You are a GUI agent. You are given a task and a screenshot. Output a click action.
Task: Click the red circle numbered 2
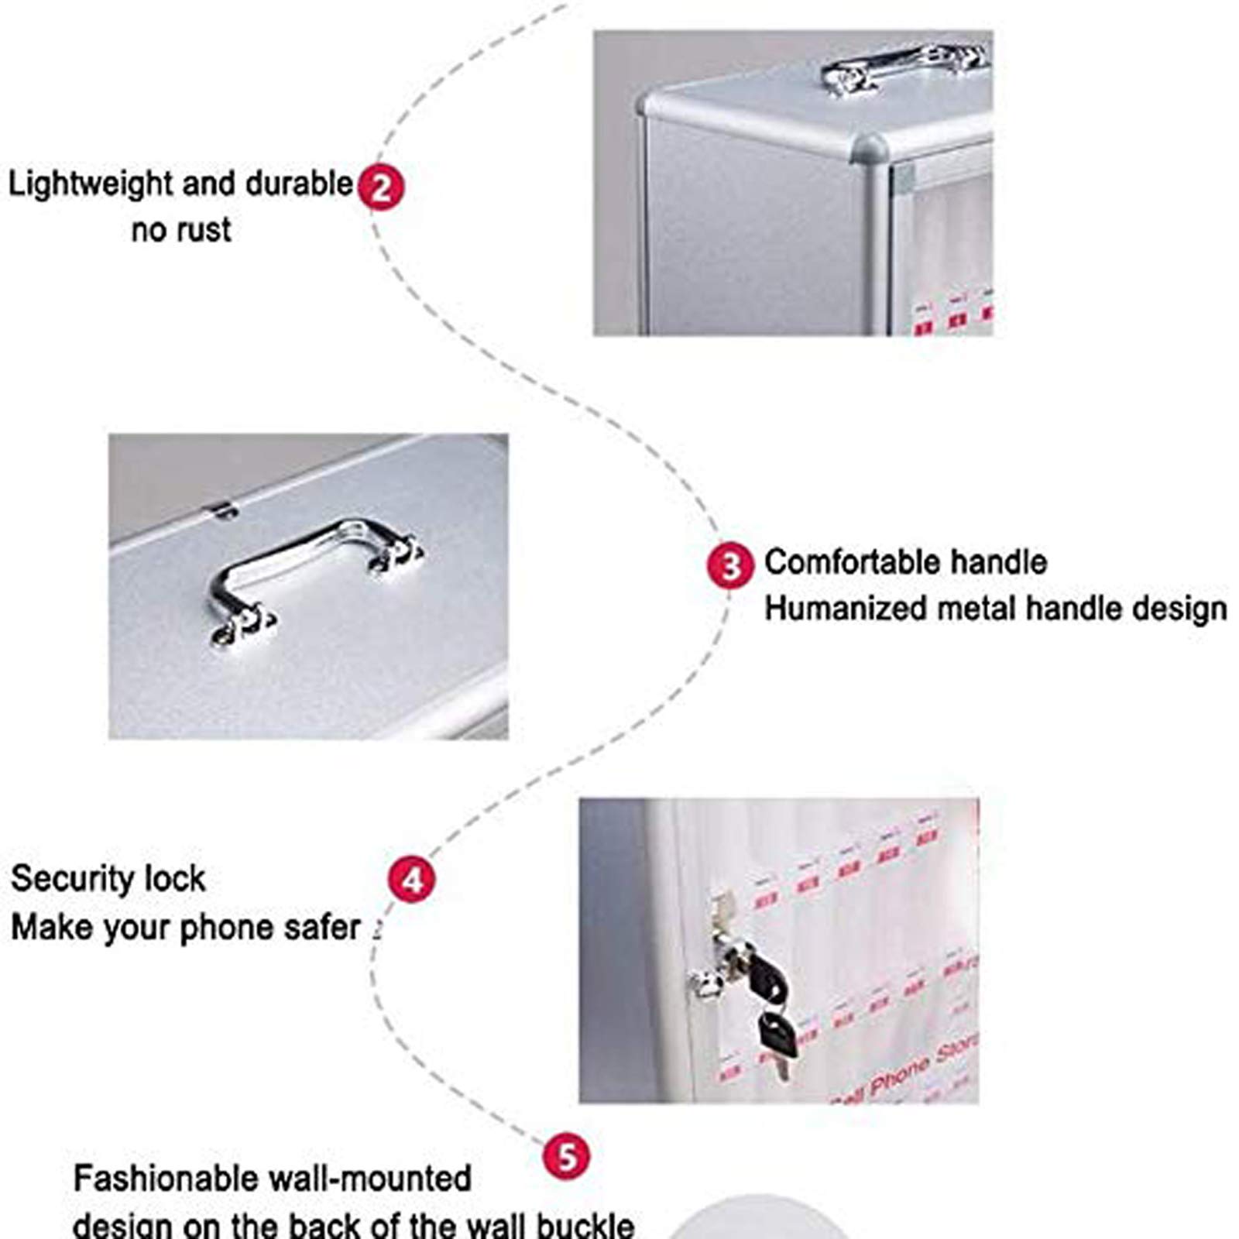[x=381, y=187]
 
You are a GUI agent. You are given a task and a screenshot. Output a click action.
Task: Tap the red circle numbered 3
[x=729, y=565]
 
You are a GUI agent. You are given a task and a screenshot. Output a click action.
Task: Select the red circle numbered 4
[x=412, y=880]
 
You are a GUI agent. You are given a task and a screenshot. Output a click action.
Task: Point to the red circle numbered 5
[x=567, y=1157]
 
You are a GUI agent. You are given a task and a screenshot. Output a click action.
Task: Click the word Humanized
[x=845, y=609]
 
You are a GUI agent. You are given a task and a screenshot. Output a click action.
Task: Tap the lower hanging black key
[x=777, y=1038]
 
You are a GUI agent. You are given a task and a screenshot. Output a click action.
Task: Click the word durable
[x=298, y=185]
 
